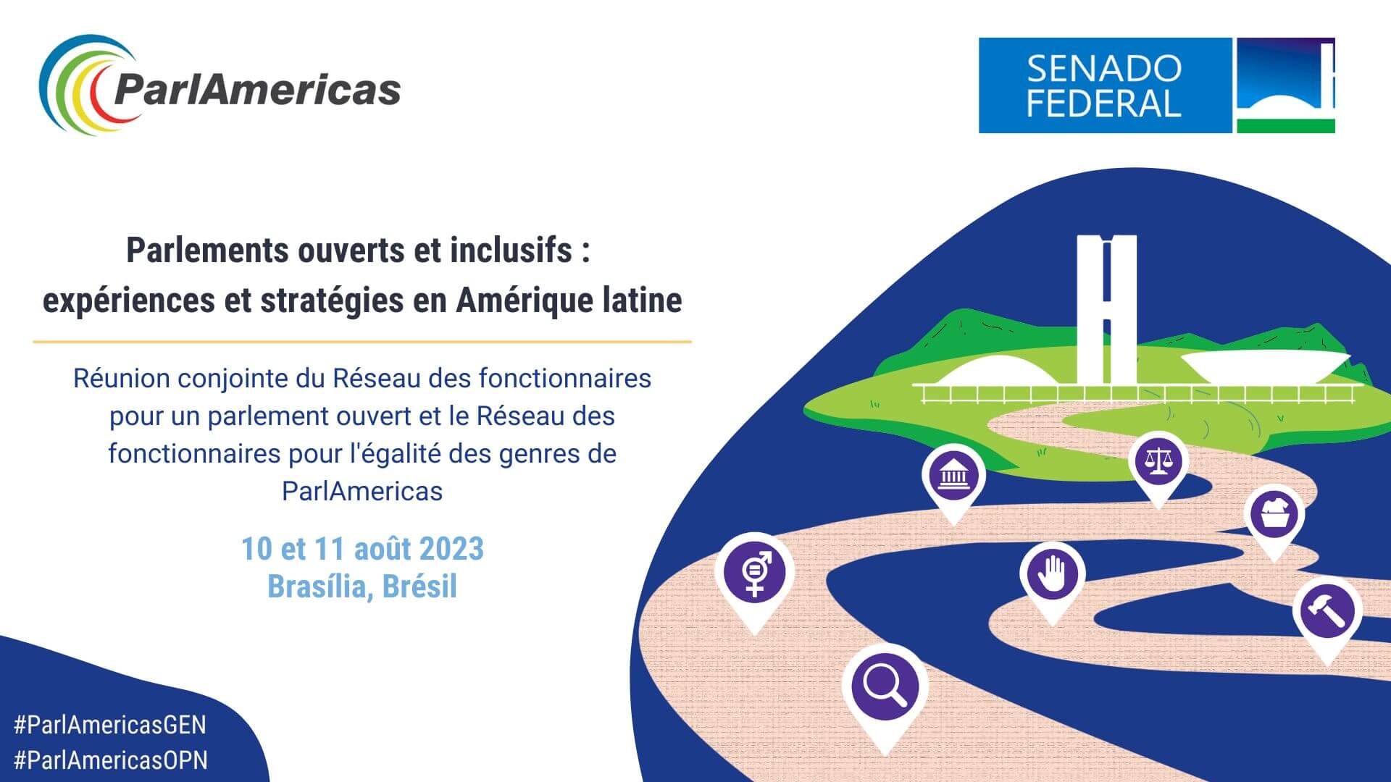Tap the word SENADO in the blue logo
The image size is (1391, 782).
click(x=1104, y=69)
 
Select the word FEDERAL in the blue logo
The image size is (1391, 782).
click(x=1104, y=104)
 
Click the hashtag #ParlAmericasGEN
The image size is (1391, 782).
click(x=110, y=725)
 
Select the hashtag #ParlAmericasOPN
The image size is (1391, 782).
click(x=111, y=760)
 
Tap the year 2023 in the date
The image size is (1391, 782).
click(x=451, y=549)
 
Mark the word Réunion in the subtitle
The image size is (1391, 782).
click(x=122, y=378)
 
